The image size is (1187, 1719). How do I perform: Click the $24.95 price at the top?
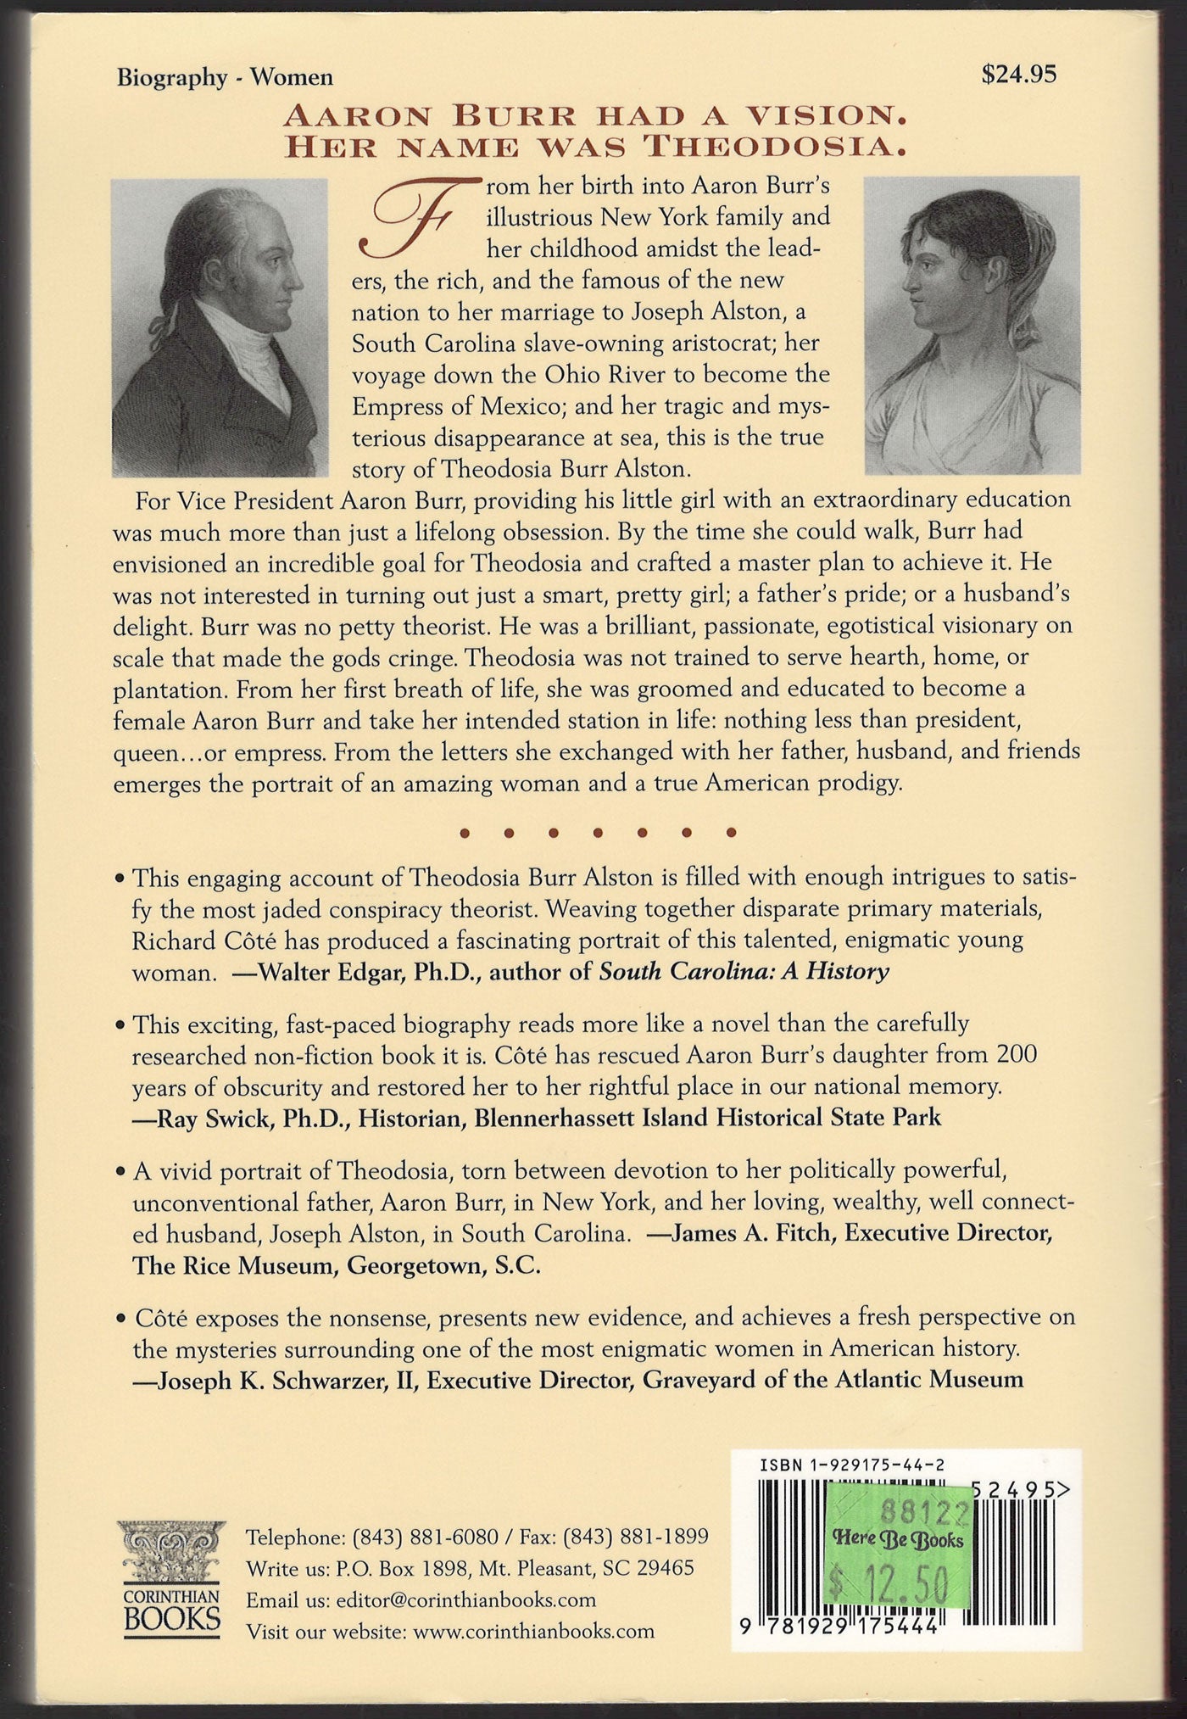coord(1018,75)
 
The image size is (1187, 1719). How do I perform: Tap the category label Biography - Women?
coord(225,78)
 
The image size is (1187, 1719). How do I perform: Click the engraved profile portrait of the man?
coord(220,326)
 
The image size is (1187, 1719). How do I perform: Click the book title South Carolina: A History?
coord(744,971)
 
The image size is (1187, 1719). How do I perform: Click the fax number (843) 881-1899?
coord(636,1537)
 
